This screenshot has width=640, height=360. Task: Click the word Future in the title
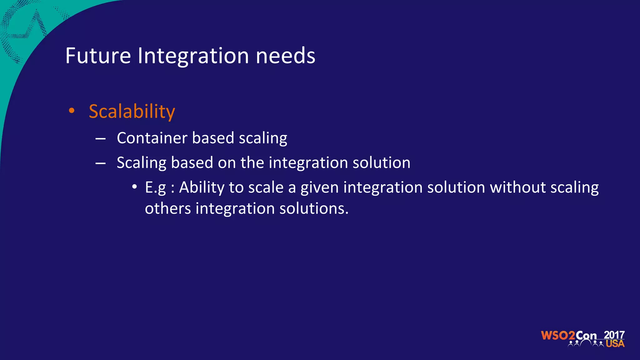pos(98,56)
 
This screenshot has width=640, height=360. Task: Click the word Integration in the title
pos(193,56)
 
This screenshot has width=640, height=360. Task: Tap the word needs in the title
pos(285,57)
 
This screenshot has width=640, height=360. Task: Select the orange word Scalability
pos(132,112)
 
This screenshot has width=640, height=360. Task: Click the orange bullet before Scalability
pos(72,111)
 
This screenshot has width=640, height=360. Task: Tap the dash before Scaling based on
pos(101,163)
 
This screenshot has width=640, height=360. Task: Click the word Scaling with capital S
pos(141,163)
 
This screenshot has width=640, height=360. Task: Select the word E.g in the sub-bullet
pos(155,188)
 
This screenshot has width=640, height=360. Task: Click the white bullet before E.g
pos(134,187)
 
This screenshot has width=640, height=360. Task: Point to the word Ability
pos(202,188)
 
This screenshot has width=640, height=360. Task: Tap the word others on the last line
pos(168,208)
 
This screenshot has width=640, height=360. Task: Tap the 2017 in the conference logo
pos(614,335)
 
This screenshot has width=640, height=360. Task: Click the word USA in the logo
pos(615,344)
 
